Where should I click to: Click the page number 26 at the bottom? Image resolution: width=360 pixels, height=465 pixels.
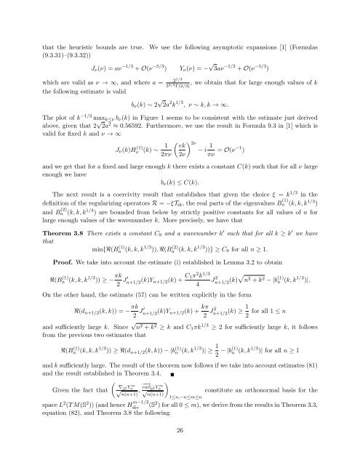click(x=180, y=453)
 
